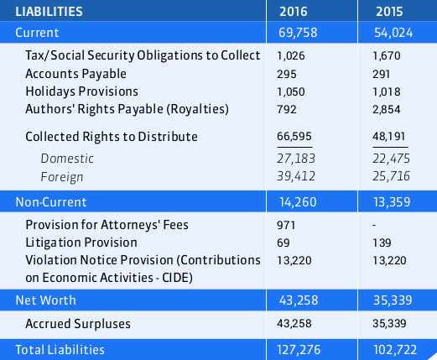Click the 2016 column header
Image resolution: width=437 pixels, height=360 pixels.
[x=294, y=12]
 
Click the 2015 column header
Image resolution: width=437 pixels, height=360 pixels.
[x=389, y=12]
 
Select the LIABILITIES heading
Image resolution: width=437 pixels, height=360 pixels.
[x=49, y=12]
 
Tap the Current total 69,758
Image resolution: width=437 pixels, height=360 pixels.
[x=298, y=33]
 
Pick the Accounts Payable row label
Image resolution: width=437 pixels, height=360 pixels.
[x=75, y=74]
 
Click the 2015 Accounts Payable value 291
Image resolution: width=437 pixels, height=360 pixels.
[x=381, y=75]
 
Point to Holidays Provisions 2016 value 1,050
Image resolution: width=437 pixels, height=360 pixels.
[x=291, y=92]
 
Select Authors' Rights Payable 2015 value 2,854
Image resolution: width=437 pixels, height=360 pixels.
[x=387, y=109]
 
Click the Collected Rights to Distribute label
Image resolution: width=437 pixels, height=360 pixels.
[x=112, y=137]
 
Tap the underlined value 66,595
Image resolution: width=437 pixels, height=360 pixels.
[x=294, y=137]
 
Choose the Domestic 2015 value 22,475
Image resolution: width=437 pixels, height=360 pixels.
[x=391, y=159]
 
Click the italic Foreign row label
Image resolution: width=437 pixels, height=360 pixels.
[x=62, y=177]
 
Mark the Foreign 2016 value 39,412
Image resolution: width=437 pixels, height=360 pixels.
[x=296, y=176]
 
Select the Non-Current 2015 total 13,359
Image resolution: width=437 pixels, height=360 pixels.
[x=392, y=202]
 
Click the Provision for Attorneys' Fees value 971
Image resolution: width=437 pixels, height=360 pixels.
[x=286, y=225]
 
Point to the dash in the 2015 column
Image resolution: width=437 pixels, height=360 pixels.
[x=374, y=226]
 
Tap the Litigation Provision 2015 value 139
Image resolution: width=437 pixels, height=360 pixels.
[x=382, y=243]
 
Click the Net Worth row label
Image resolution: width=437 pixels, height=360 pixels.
[x=45, y=300]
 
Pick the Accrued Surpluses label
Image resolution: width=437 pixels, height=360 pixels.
[x=78, y=324]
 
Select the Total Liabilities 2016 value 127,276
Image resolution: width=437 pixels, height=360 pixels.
[x=299, y=350]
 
